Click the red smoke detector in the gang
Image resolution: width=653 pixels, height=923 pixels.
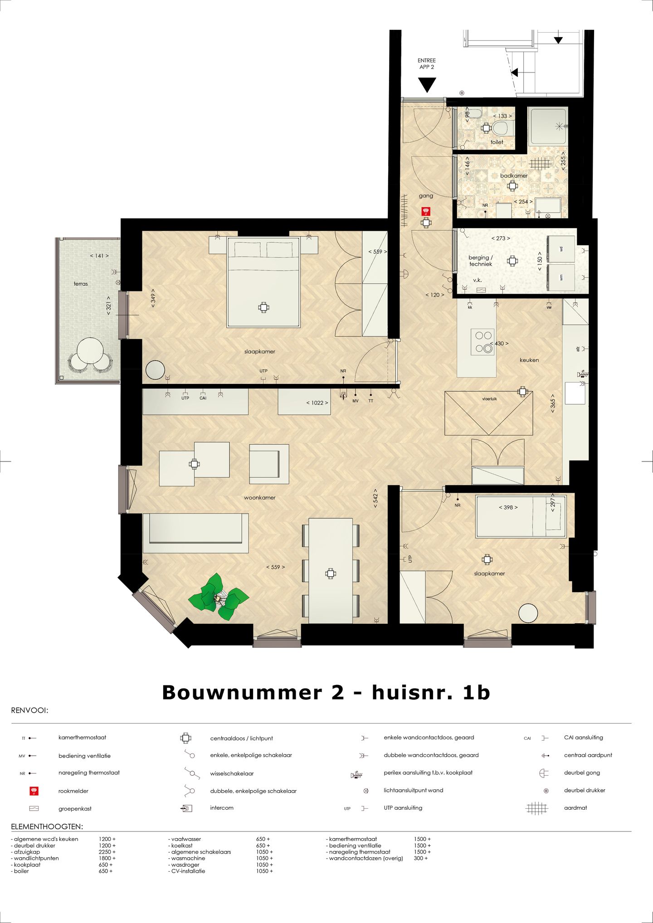[425, 211]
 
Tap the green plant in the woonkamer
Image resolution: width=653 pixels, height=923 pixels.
[219, 598]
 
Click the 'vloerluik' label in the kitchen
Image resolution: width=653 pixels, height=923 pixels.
[489, 399]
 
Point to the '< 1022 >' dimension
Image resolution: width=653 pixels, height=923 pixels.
[317, 403]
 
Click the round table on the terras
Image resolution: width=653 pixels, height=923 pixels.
[89, 351]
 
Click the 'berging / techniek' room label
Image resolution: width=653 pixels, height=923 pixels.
[480, 261]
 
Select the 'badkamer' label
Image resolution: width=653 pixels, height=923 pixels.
[514, 175]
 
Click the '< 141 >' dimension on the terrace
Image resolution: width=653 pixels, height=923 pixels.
[99, 256]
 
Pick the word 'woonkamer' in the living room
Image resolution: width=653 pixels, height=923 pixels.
[259, 497]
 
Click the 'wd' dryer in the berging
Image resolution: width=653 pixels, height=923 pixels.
[561, 249]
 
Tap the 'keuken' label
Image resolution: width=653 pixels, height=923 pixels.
[529, 360]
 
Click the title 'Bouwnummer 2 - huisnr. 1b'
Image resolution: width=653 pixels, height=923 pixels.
[326, 692]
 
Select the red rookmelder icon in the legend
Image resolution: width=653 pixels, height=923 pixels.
[34, 791]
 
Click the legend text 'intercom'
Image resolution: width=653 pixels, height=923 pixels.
[222, 808]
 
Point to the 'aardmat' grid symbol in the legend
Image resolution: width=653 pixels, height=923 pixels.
[536, 808]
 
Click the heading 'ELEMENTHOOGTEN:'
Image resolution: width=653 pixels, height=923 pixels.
[47, 827]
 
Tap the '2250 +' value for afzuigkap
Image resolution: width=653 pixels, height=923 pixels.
[107, 852]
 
